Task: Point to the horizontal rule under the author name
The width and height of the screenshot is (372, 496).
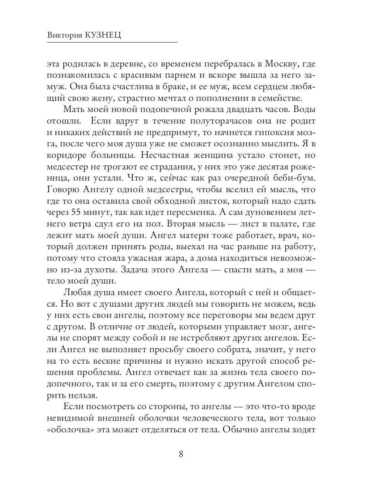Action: click(112, 42)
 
